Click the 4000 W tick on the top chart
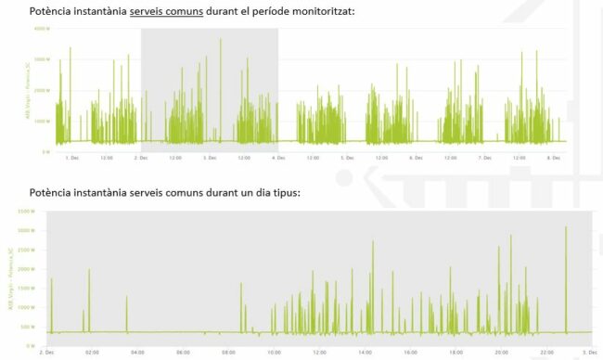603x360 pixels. point(40,29)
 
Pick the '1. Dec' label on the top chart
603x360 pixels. point(72,158)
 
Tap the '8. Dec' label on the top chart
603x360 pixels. point(555,158)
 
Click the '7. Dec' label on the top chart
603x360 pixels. point(484,158)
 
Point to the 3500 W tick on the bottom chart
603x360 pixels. point(25,212)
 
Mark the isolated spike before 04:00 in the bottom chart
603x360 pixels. point(126,299)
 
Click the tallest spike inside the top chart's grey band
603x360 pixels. point(221,40)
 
